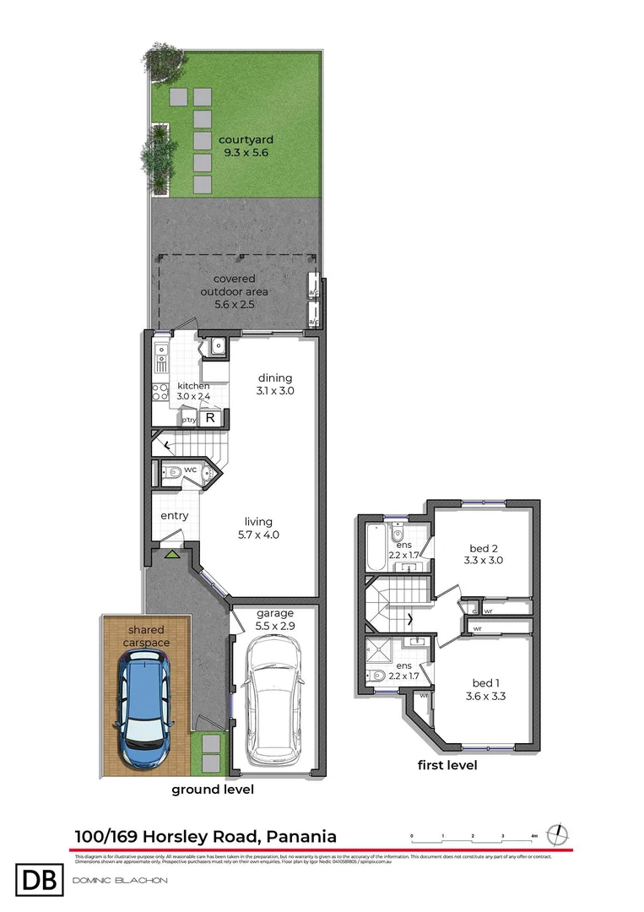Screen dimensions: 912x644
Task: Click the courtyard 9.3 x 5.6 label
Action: tap(246, 146)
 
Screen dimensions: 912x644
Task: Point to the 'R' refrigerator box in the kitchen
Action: tap(212, 418)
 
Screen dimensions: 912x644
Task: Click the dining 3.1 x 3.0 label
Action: tap(275, 384)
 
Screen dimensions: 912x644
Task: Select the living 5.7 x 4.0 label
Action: tap(257, 529)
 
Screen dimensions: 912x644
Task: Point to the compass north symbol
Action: tap(558, 834)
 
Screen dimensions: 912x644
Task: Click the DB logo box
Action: tap(40, 880)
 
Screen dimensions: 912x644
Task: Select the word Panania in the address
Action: tap(300, 837)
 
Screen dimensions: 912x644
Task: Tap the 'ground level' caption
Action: tap(213, 790)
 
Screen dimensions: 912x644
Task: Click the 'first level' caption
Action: tap(447, 765)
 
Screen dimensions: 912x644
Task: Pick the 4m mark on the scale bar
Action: tap(533, 836)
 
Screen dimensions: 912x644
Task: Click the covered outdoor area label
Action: tap(234, 291)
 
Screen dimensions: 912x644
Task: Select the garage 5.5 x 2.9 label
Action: tap(274, 620)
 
